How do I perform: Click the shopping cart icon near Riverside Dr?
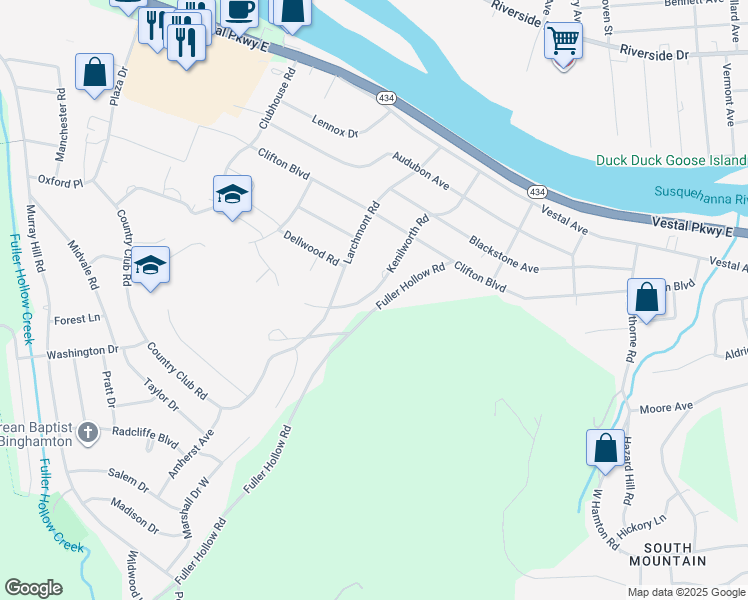click(563, 41)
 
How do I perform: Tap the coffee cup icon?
click(239, 10)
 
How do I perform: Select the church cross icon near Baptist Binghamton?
click(88, 432)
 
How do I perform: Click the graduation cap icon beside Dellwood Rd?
click(232, 194)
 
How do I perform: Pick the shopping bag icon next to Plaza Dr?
click(94, 72)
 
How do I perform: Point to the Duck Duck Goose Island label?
click(670, 160)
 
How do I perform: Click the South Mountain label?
click(674, 554)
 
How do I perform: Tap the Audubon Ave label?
click(421, 171)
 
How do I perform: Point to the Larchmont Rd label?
click(362, 233)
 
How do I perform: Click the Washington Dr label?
click(82, 352)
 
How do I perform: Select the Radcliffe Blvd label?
click(145, 438)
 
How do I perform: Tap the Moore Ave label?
click(666, 408)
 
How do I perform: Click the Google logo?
click(33, 588)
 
